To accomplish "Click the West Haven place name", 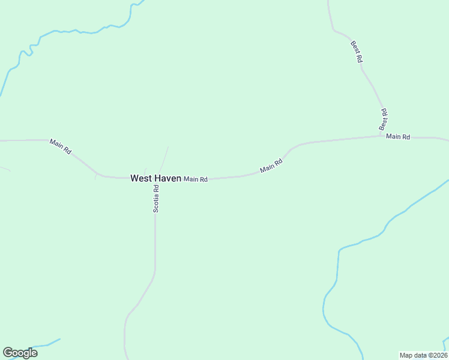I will click(155, 178).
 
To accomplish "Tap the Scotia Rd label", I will click(155, 198).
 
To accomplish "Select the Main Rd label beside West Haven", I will click(196, 179).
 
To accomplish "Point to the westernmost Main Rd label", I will click(61, 147).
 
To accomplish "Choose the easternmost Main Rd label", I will click(398, 137).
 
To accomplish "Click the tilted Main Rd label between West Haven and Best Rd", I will click(271, 166).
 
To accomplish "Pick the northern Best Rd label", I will click(357, 52).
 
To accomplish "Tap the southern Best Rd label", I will click(384, 120).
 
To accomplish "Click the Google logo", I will click(20, 353).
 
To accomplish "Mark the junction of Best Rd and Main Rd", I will click(385, 135).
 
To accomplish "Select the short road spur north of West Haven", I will click(164, 159).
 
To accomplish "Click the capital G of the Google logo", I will click(8, 352).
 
